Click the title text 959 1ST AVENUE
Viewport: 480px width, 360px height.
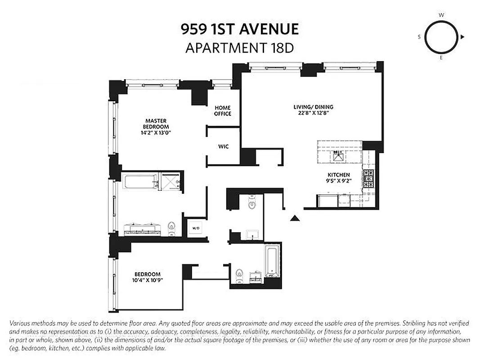click(x=239, y=29)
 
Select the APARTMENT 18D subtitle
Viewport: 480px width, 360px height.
click(x=239, y=48)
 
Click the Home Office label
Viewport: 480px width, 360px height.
click(x=223, y=111)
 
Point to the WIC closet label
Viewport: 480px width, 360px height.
click(x=224, y=147)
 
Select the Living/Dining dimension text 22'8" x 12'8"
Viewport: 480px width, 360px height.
click(x=314, y=113)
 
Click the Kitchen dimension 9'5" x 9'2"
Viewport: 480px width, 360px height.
click(x=339, y=181)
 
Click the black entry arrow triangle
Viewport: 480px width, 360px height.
click(x=294, y=218)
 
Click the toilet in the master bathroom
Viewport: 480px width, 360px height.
click(x=171, y=228)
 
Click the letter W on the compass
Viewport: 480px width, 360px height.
click(x=441, y=15)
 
